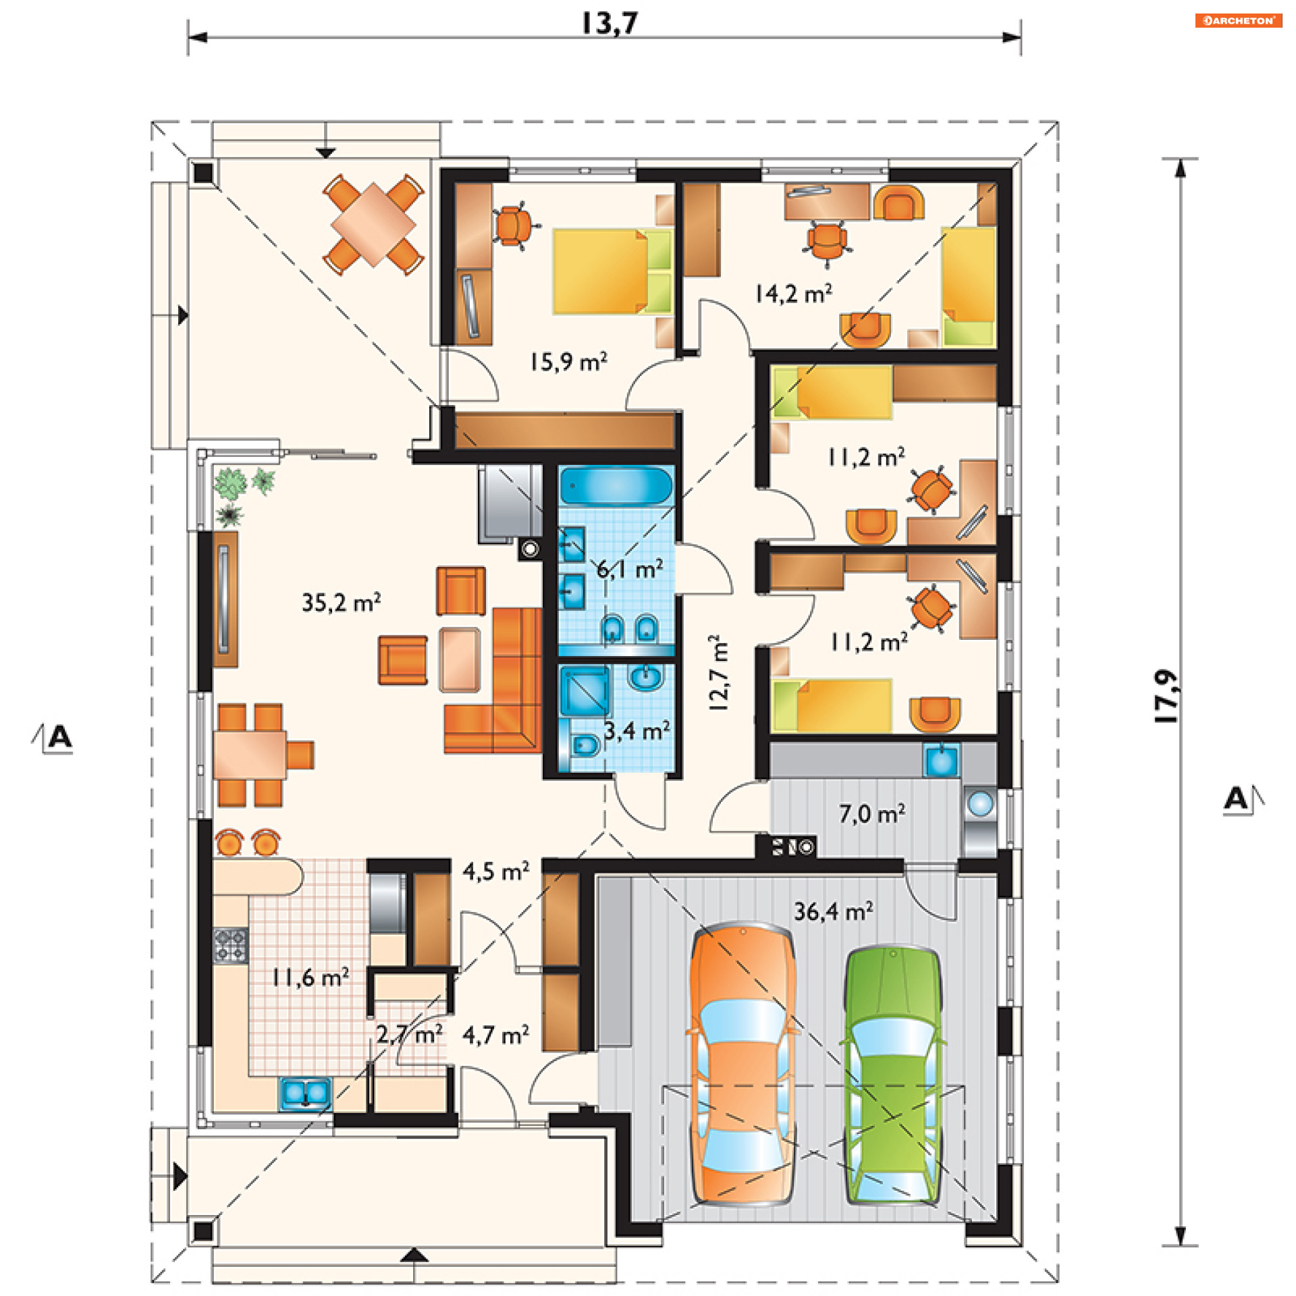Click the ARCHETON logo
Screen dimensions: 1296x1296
pos(1238,20)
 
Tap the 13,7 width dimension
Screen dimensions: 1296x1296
pos(610,23)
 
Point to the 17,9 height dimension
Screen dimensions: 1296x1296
pos(1167,696)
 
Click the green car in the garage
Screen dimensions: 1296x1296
pos(893,1076)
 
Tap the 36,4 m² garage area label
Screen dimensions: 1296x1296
pos(833,912)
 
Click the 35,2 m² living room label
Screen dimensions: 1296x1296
pos(342,602)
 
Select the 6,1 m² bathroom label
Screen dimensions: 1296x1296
pos(630,569)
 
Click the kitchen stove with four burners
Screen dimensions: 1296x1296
pos(231,945)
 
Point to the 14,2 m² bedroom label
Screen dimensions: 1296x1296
pos(793,293)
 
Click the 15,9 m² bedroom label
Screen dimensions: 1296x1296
pos(568,362)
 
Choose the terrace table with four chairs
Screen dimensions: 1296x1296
pos(373,224)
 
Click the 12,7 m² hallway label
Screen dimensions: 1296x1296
pos(718,673)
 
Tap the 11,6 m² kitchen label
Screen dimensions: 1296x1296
pos(310,977)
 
